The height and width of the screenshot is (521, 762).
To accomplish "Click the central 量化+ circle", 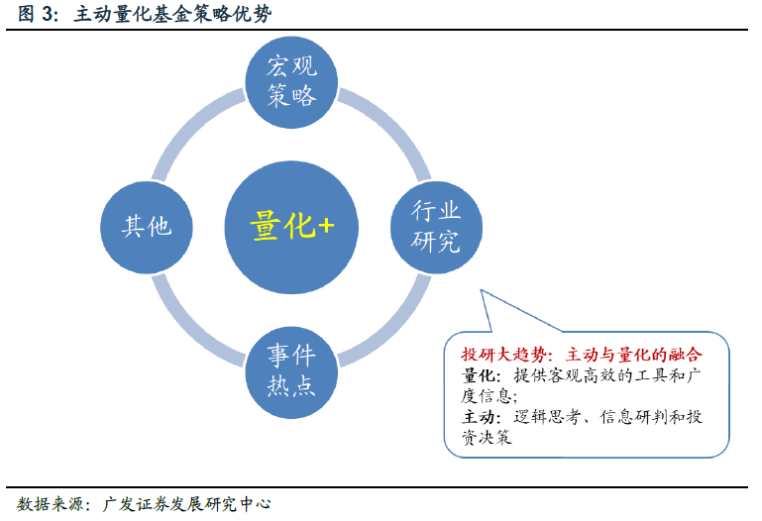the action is click(x=291, y=227).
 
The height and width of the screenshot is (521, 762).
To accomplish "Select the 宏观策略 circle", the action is click(x=291, y=82).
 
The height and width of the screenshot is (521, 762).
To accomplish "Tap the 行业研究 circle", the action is click(x=436, y=227).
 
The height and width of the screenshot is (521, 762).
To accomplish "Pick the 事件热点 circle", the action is click(x=291, y=372).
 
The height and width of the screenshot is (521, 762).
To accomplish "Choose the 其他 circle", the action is click(x=147, y=227).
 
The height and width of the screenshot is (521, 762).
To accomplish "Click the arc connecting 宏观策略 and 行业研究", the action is click(x=392, y=125).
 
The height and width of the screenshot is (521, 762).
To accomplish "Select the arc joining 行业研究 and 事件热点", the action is click(x=392, y=329).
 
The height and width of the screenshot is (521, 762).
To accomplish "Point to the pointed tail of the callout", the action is click(x=482, y=291).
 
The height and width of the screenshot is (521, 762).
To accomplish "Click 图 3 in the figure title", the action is click(x=35, y=14).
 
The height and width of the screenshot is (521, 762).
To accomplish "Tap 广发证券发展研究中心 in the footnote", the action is click(x=186, y=504).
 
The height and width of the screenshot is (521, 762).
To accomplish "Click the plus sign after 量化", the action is click(x=325, y=225).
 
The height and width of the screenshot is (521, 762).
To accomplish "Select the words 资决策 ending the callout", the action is click(x=487, y=438).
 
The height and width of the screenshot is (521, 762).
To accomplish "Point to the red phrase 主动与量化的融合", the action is click(x=634, y=355).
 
